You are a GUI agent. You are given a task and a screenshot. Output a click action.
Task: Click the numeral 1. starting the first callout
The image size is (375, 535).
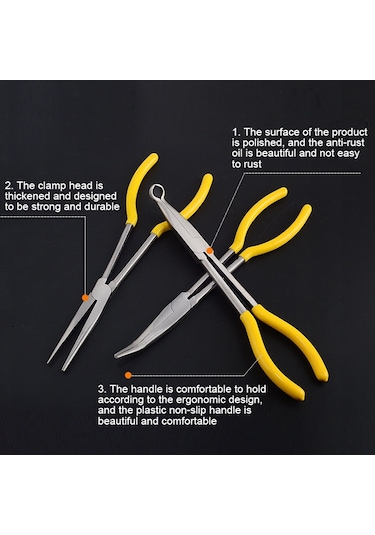click(236, 132)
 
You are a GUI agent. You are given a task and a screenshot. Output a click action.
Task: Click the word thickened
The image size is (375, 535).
click(27, 196)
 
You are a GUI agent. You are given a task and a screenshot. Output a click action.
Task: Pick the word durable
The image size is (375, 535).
click(102, 207)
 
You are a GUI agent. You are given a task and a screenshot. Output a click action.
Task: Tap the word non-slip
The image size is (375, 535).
click(192, 410)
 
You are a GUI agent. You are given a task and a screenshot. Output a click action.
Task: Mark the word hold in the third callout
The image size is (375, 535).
click(256, 389)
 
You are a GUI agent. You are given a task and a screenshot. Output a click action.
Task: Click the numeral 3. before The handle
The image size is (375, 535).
click(102, 389)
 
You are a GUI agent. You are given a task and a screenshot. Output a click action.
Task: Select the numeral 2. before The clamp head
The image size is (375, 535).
click(9, 186)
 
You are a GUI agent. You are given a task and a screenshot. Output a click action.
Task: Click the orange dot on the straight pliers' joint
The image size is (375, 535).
click(85, 298)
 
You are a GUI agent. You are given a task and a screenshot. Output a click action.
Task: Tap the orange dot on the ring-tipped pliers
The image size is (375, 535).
click(210, 251)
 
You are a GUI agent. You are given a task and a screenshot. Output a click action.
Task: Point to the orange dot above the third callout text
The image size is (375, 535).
click(128, 375)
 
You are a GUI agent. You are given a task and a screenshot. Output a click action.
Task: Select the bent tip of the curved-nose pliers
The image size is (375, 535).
click(120, 354)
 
